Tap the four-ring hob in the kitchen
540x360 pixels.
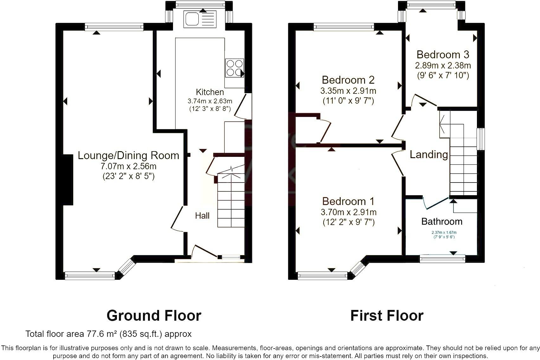(x=235, y=68)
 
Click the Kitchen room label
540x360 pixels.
(x=210, y=92)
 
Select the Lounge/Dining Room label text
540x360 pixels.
(x=128, y=155)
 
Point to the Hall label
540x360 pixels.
(x=202, y=216)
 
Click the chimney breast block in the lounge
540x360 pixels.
(x=68, y=180)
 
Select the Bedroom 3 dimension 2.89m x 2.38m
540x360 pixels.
(x=443, y=66)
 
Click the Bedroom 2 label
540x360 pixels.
(x=348, y=80)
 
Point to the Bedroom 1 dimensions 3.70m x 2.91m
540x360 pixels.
(x=349, y=212)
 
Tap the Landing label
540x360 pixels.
(x=428, y=155)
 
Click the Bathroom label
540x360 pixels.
(x=442, y=222)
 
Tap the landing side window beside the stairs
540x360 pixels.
(x=481, y=139)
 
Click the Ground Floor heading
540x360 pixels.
(x=154, y=316)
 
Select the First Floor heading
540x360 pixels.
(x=387, y=316)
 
